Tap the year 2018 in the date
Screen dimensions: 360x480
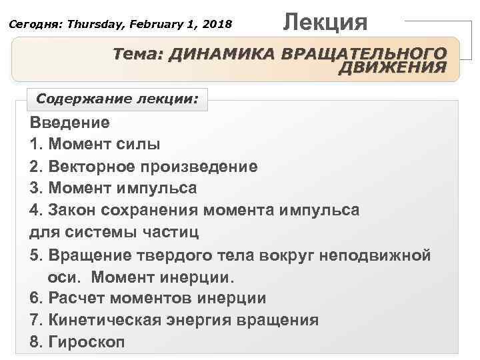217,24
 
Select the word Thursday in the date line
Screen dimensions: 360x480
91,24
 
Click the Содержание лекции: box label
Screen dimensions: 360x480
117,99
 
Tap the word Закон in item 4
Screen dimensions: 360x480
70,210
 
